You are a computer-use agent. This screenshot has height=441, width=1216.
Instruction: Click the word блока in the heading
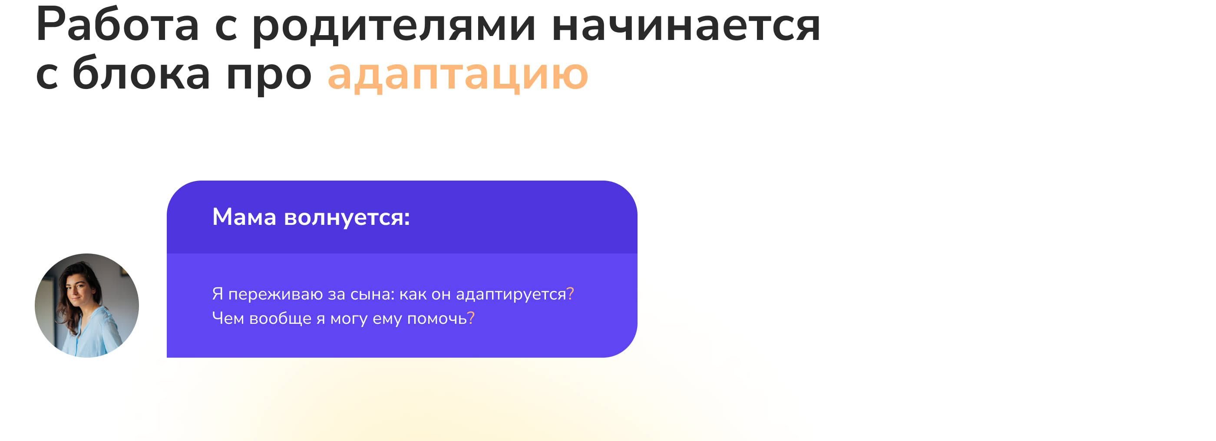pos(141,72)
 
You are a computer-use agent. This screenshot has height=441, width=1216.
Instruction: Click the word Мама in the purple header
pos(244,217)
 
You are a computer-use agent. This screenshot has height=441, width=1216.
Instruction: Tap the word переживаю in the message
pos(275,294)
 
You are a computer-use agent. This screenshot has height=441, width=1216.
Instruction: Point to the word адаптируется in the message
pos(511,295)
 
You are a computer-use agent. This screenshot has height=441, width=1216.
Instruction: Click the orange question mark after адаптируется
pos(570,293)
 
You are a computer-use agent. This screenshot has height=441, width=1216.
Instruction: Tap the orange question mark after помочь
pos(471,318)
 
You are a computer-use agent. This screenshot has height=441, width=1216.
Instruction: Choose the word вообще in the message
pos(281,319)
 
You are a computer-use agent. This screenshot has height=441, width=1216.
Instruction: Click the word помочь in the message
pos(436,319)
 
